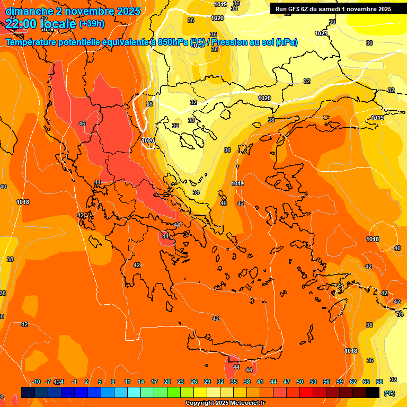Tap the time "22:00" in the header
point(22,24)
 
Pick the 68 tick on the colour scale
point(379,382)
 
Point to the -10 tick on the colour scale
point(36,382)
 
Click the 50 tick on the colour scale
point(300,382)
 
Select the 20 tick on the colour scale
point(167,382)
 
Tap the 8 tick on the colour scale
point(113,382)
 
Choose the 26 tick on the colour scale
point(194,382)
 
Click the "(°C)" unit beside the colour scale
point(390,393)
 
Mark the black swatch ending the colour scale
point(373,392)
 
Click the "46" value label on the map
point(82,123)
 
